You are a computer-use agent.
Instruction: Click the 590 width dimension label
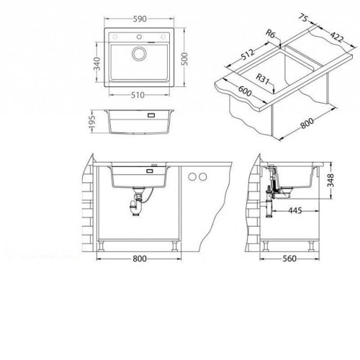[x=140, y=19]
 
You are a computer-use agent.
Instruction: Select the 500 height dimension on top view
[x=184, y=59]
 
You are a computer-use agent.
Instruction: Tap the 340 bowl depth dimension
[x=96, y=63]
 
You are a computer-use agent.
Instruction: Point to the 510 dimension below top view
[x=138, y=95]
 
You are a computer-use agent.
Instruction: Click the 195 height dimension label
[x=92, y=122]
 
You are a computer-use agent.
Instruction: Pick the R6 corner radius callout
[x=270, y=34]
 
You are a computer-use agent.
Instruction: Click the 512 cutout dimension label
[x=248, y=54]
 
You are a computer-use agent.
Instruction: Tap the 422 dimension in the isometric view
[x=337, y=37]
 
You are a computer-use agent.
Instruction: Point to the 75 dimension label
[x=304, y=18]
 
